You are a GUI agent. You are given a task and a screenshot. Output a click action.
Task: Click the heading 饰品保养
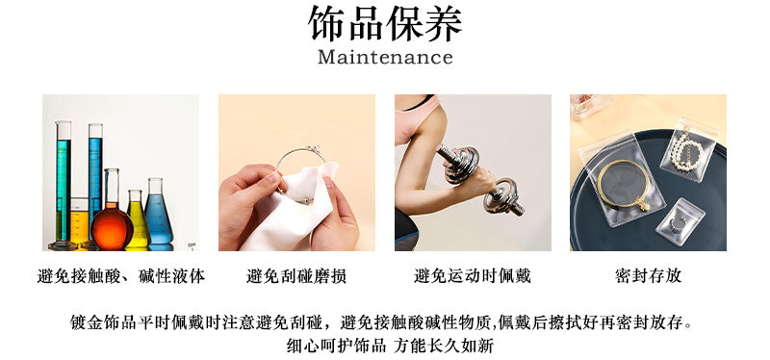point(385,23)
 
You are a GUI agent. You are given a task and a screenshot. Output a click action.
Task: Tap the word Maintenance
point(385,57)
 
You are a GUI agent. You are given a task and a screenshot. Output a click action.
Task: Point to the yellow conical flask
point(138,219)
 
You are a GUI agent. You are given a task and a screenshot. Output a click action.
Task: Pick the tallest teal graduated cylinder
point(63,185)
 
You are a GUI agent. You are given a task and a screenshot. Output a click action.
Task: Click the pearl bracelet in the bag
point(687,148)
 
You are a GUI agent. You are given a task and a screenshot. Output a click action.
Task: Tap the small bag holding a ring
point(680,221)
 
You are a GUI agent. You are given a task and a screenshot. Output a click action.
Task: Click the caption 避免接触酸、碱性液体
point(121,275)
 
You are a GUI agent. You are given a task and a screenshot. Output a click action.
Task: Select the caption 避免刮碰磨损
point(296,275)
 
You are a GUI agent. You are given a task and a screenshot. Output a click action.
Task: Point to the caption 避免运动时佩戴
point(473,275)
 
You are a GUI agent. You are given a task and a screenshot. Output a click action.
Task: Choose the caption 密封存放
point(648,275)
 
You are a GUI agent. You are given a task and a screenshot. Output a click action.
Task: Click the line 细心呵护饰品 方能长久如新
point(390,346)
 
